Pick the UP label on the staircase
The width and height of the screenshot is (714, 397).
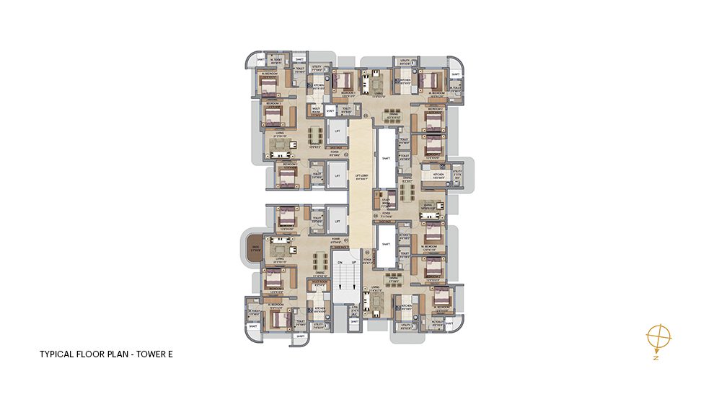[x=353, y=263]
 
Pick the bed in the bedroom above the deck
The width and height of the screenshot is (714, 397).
[x=287, y=217]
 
